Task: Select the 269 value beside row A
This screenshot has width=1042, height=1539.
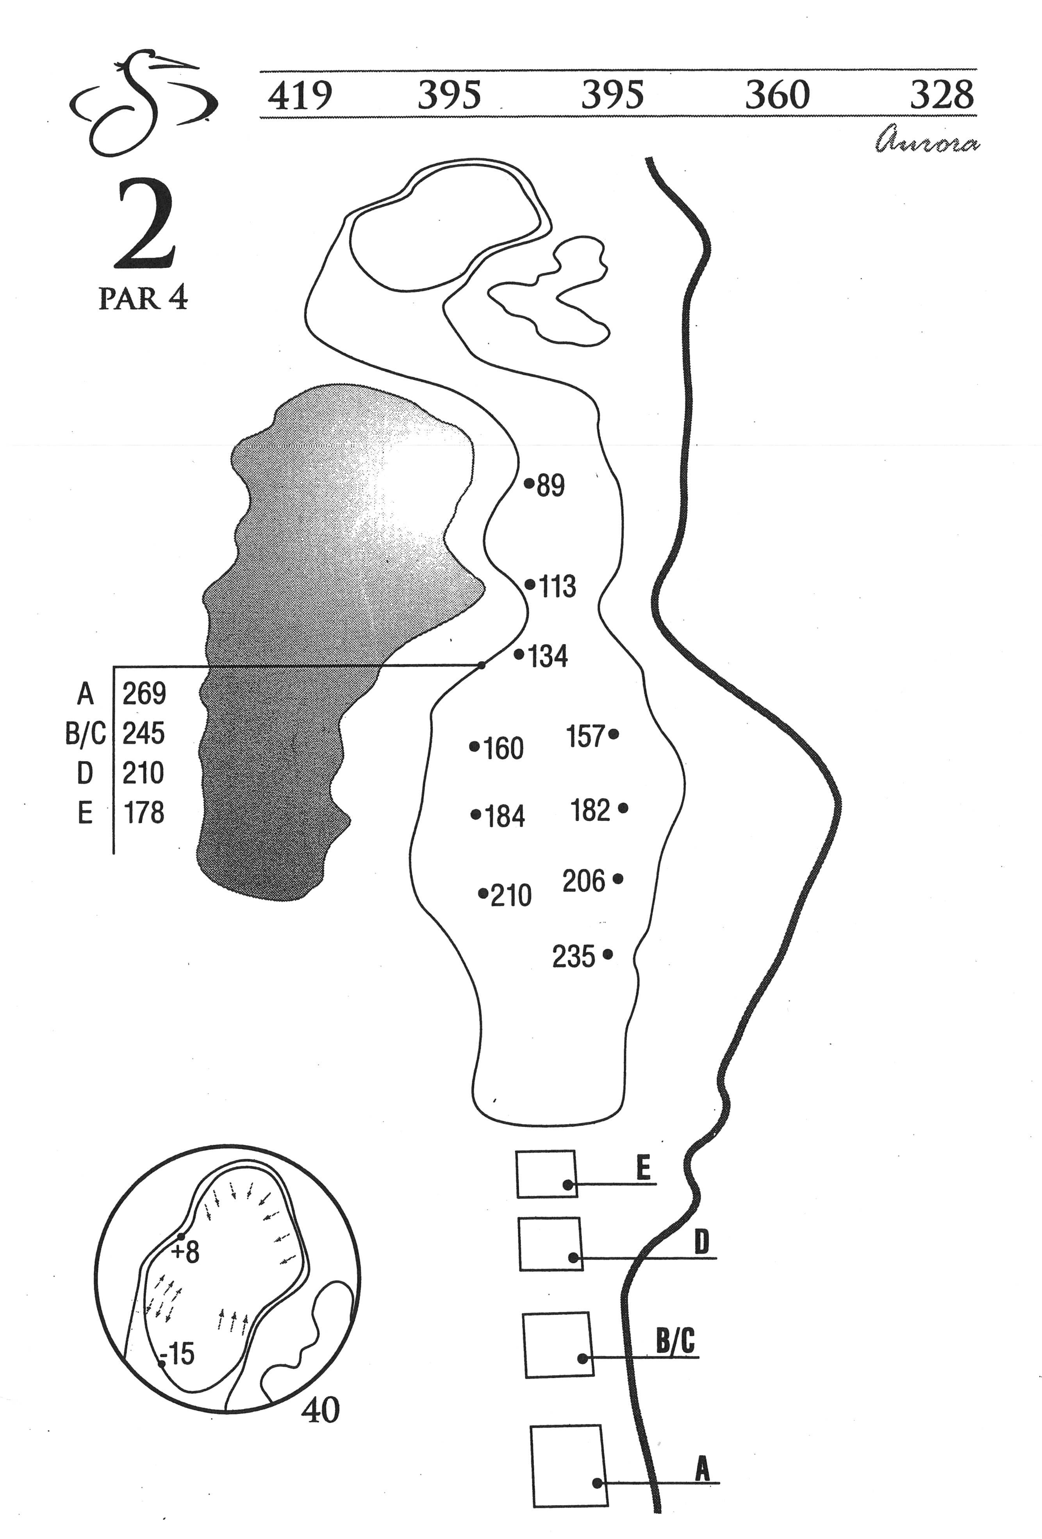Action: tap(144, 693)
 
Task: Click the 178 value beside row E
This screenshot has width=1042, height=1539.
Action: tap(144, 813)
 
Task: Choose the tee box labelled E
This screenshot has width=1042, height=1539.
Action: tap(546, 1174)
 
